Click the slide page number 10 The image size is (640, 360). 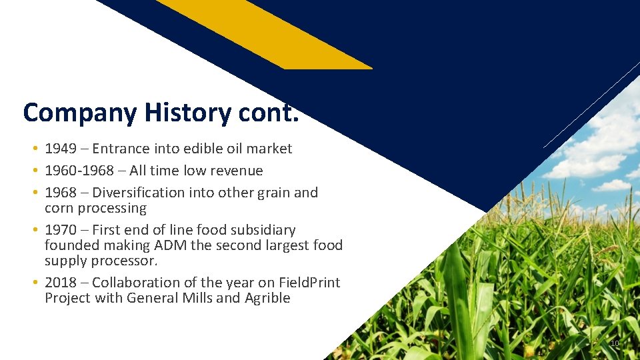[615, 343]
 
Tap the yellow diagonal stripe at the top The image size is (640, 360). [267, 33]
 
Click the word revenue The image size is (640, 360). [236, 171]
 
